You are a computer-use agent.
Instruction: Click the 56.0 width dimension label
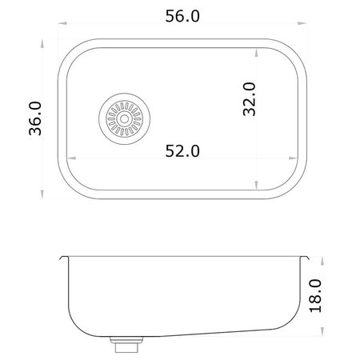pyautogui.click(x=182, y=16)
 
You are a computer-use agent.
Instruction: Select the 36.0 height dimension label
pyautogui.click(x=35, y=118)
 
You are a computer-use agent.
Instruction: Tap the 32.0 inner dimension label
pyautogui.click(x=250, y=99)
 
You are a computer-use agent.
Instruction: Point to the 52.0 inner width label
pyautogui.click(x=182, y=151)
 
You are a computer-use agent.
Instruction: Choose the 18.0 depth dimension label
pyautogui.click(x=316, y=296)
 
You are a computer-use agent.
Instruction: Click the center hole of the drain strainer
pyautogui.click(x=124, y=119)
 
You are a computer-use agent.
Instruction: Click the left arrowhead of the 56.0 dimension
pyautogui.click(x=62, y=23)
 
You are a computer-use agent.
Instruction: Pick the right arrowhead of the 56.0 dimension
pyautogui.click(x=302, y=23)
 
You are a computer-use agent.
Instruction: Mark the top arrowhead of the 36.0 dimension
pyautogui.click(x=42, y=44)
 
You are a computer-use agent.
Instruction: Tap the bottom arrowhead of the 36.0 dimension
pyautogui.click(x=42, y=194)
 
